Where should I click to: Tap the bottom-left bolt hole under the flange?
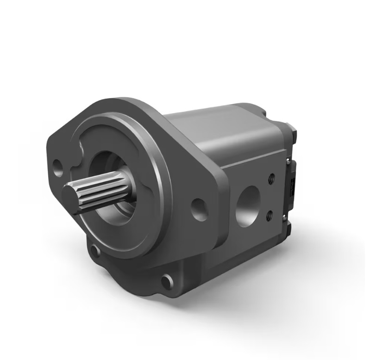[x=95, y=251]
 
